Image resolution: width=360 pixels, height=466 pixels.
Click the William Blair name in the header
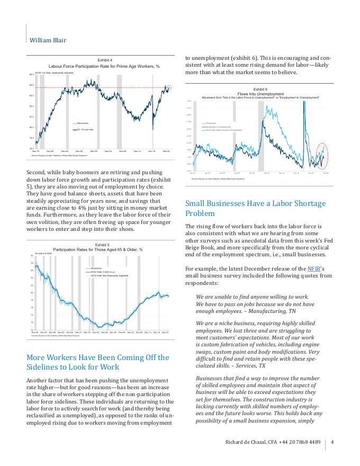(48, 40)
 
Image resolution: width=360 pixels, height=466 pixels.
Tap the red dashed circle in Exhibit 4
(169, 87)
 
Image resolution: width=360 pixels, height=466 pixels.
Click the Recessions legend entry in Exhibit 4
(83, 123)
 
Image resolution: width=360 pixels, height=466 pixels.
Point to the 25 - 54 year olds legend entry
(85, 129)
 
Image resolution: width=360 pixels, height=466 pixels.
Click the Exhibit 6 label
(260, 89)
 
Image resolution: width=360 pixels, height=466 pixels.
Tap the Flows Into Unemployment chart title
(260, 93)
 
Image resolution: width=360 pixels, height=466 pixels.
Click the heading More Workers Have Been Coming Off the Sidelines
(97, 363)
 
